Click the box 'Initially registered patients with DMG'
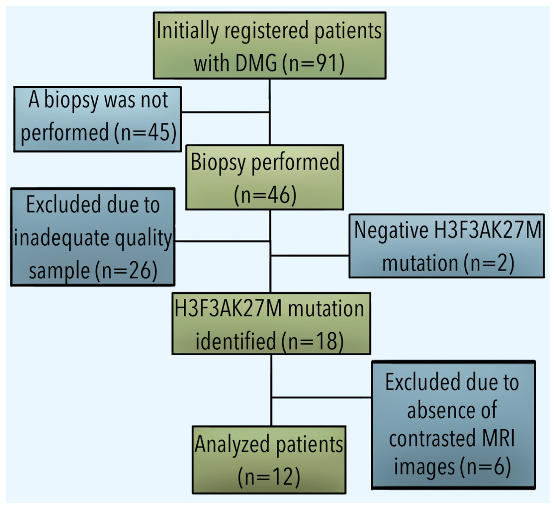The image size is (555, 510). (269, 46)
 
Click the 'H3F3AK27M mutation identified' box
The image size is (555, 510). (271, 323)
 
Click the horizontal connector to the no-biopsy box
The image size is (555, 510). (225, 112)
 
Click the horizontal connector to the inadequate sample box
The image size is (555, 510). (222, 241)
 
